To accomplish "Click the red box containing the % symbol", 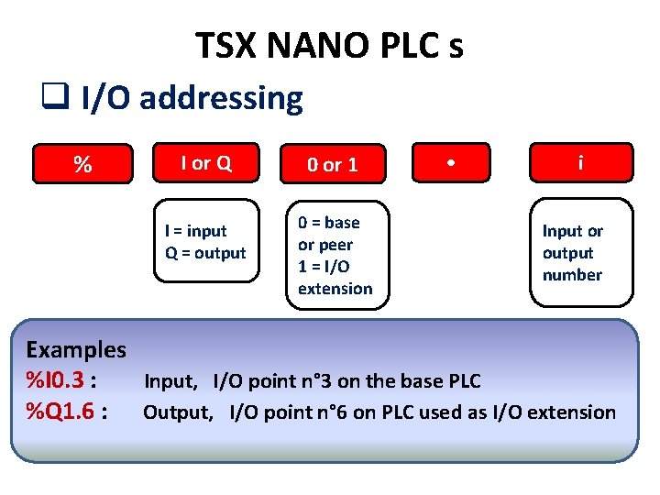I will tap(82, 165).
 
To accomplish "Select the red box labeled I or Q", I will tap(206, 163).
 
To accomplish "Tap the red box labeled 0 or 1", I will tap(332, 165).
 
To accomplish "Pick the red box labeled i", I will tap(580, 163).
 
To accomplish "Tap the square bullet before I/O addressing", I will tap(53, 95).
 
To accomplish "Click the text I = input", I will tap(195, 231).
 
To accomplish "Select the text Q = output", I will tap(205, 253).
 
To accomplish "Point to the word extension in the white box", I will tap(335, 289).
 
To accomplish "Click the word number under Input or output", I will tap(572, 275).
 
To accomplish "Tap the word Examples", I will tap(76, 349).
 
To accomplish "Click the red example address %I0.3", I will tap(58, 379).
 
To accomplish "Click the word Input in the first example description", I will tap(170, 381).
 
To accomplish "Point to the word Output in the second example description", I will tap(177, 412).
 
